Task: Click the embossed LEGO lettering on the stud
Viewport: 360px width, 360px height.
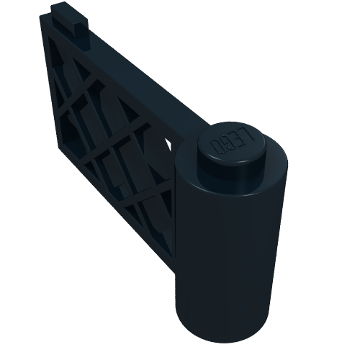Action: [x=229, y=142]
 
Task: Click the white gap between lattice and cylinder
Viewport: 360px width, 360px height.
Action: [x=171, y=144]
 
